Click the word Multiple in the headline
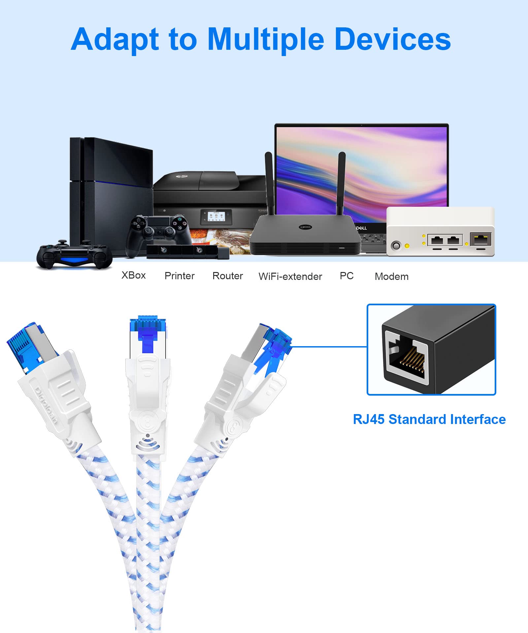266,40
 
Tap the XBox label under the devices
133,275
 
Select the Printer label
180,276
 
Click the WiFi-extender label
290,276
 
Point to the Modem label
391,276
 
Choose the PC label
346,276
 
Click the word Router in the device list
227,276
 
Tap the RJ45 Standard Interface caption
429,419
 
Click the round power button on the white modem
396,246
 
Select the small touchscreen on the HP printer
216,216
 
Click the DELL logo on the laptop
361,228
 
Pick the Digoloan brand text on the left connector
46,406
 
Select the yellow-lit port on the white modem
480,239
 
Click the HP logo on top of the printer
182,176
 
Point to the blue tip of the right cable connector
277,341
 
